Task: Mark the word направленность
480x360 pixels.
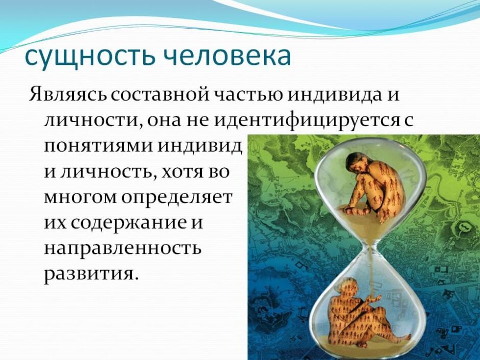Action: coord(123,249)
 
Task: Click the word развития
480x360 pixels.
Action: coord(91,275)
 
